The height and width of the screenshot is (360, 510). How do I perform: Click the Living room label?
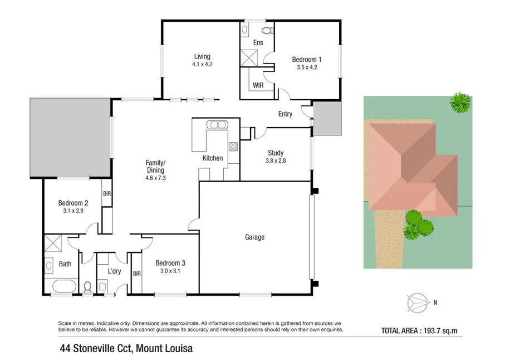point(202,56)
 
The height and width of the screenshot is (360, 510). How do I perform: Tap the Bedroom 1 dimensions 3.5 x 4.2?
point(307,67)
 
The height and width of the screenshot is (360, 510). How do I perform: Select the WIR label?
point(258,85)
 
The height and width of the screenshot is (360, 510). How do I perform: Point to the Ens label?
point(258,43)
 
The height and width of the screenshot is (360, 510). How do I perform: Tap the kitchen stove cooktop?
point(233,147)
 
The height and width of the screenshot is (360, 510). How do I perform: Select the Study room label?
point(276,153)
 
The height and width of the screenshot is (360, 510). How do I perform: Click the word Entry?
point(285,114)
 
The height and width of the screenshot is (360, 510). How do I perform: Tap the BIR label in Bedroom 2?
point(106,194)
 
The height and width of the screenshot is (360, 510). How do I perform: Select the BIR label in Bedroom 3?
point(136,274)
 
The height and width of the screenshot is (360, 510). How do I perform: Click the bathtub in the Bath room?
point(62,288)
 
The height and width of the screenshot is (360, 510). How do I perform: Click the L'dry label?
point(114,271)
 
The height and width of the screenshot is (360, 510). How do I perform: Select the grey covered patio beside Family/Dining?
point(70,137)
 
